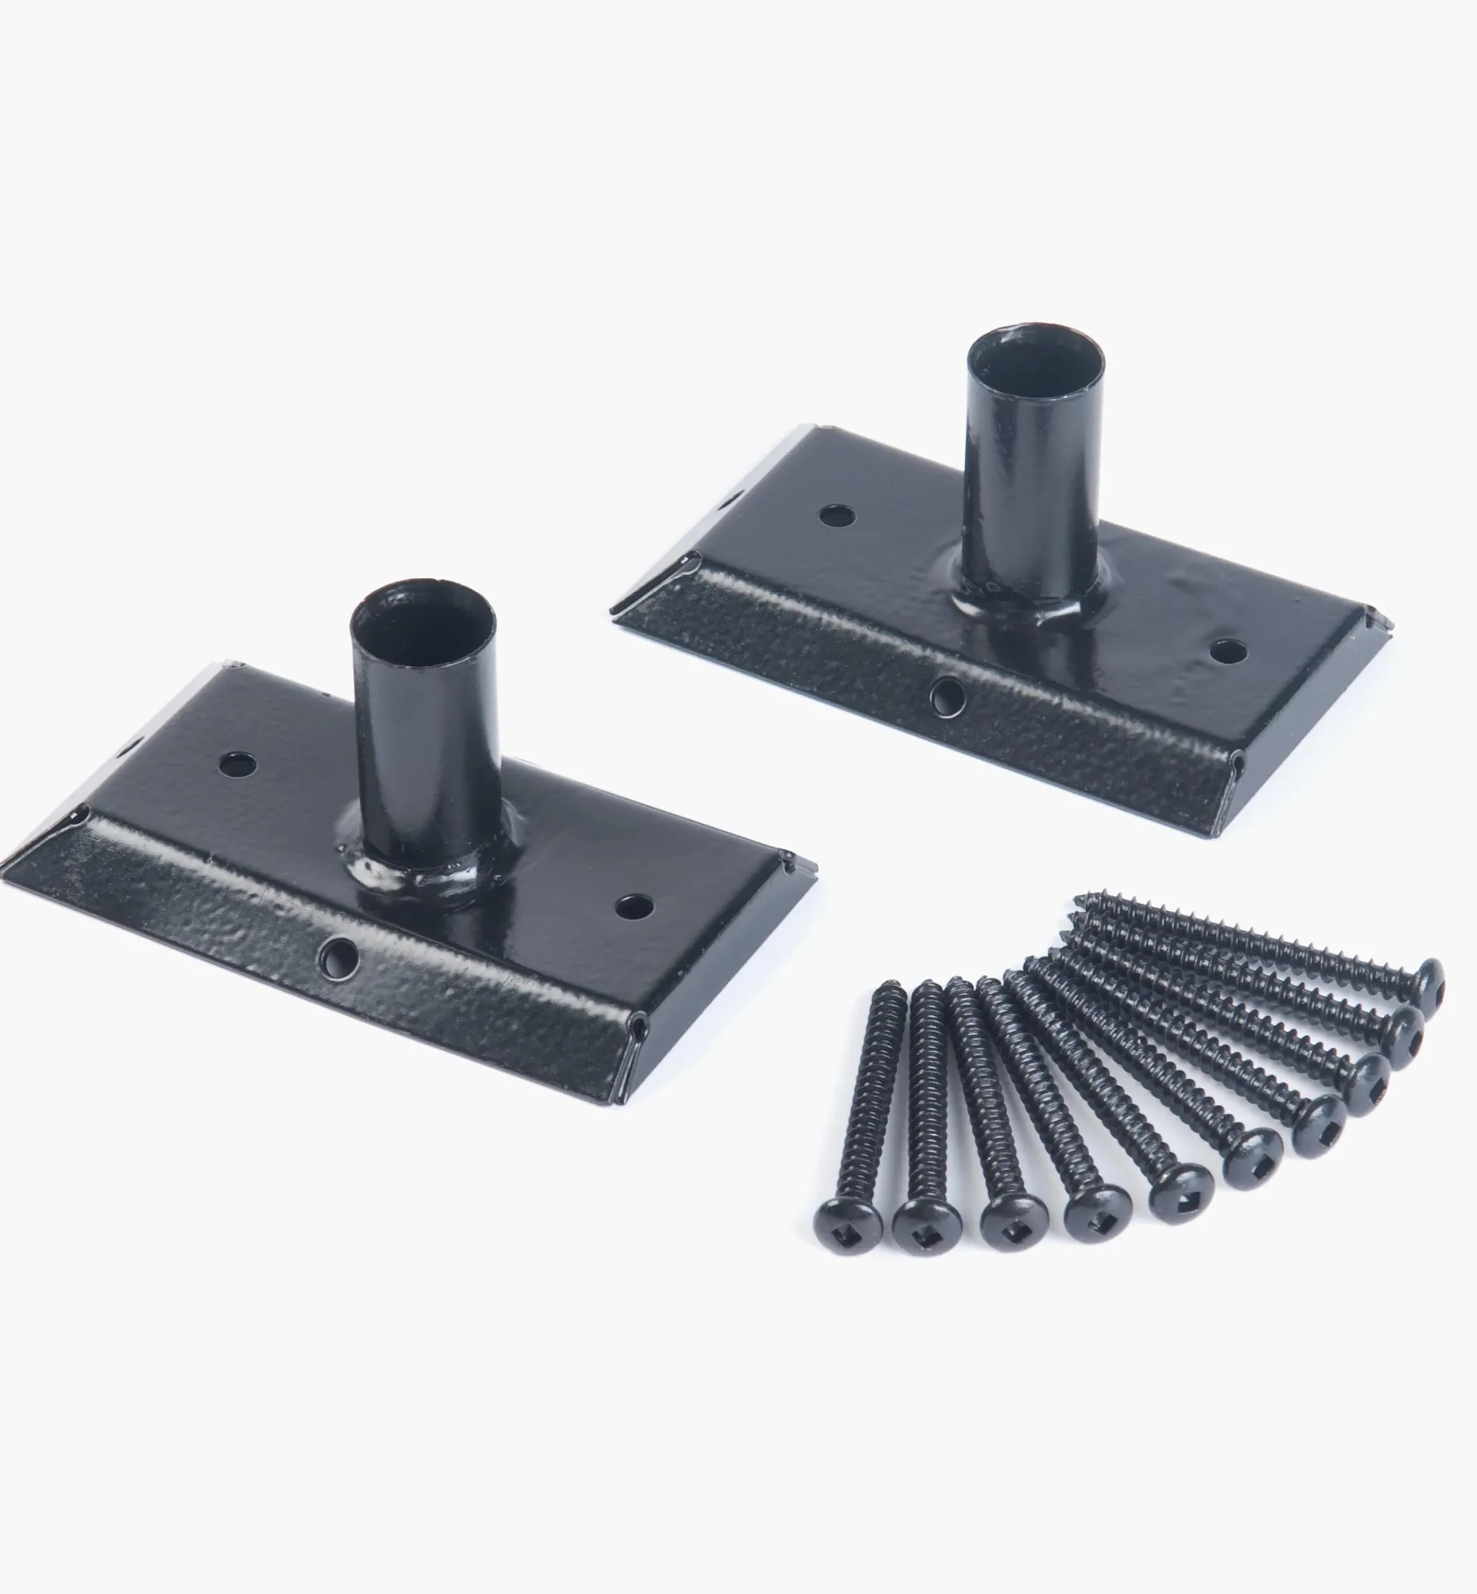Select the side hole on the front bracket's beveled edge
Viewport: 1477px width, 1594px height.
click(338, 955)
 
